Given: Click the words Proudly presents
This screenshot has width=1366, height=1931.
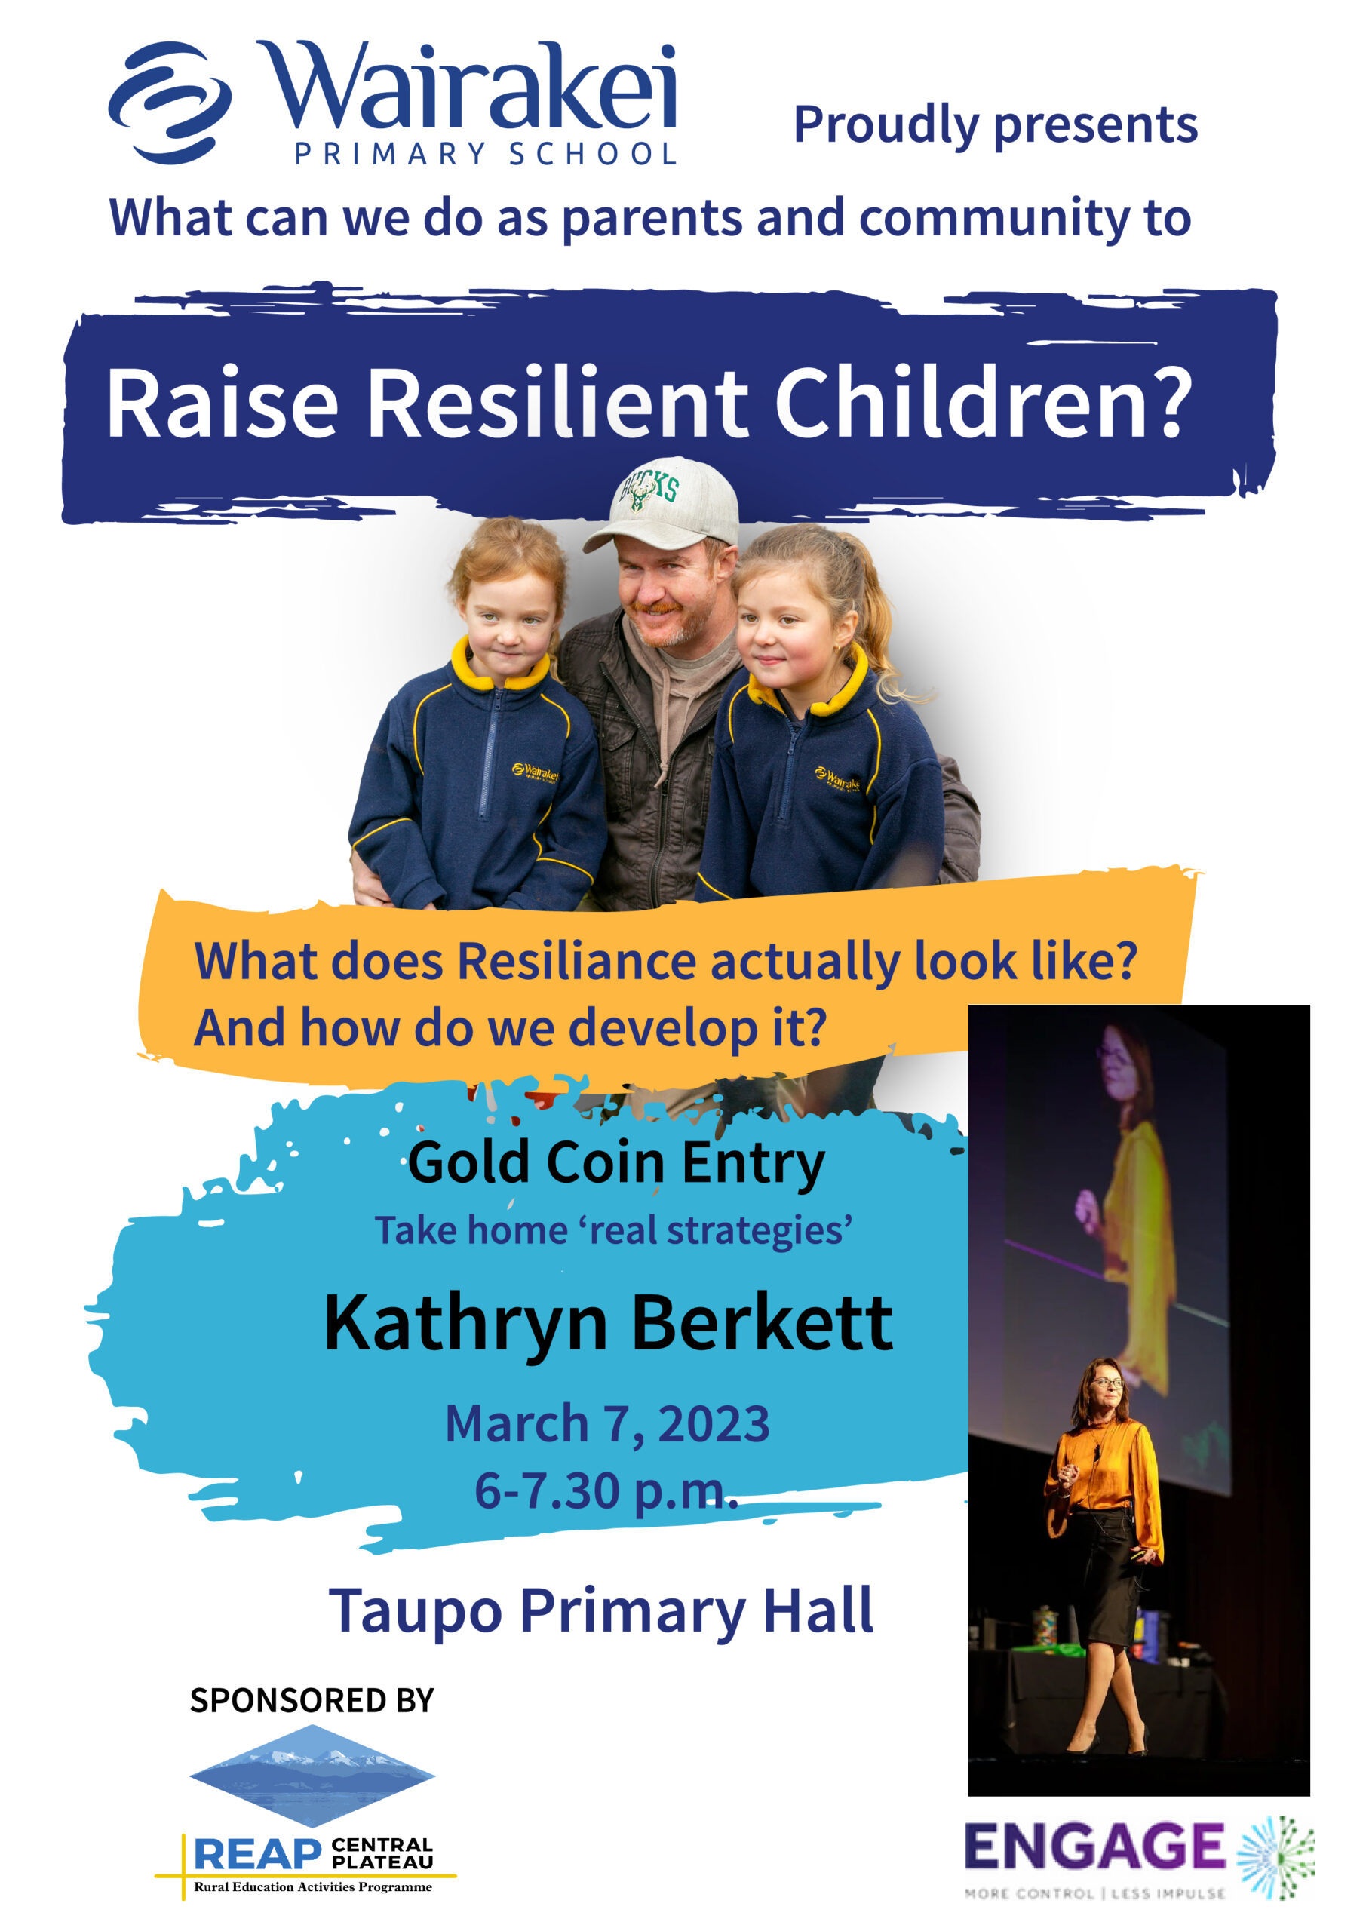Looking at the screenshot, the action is coord(995,125).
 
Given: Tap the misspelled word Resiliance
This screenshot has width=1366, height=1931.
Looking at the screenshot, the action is coord(576,960).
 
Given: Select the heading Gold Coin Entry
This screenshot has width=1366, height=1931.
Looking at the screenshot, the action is coord(615,1164).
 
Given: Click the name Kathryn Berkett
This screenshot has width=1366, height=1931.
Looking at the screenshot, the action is coord(608,1323).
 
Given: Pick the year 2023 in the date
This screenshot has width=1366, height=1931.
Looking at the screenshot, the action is coord(714,1424).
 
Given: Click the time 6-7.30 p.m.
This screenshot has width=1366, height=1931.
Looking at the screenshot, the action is coord(606,1491).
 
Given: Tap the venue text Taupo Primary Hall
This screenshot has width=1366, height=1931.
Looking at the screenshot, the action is coord(600,1611).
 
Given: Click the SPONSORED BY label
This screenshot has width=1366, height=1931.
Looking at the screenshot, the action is coord(312,1700).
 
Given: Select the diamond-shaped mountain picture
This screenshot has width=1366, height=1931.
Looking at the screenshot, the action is coord(312,1776).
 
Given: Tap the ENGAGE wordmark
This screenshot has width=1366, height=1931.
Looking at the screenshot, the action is coord(1094,1847).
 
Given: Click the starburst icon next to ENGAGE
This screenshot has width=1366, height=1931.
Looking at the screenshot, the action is coord(1276,1858).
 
